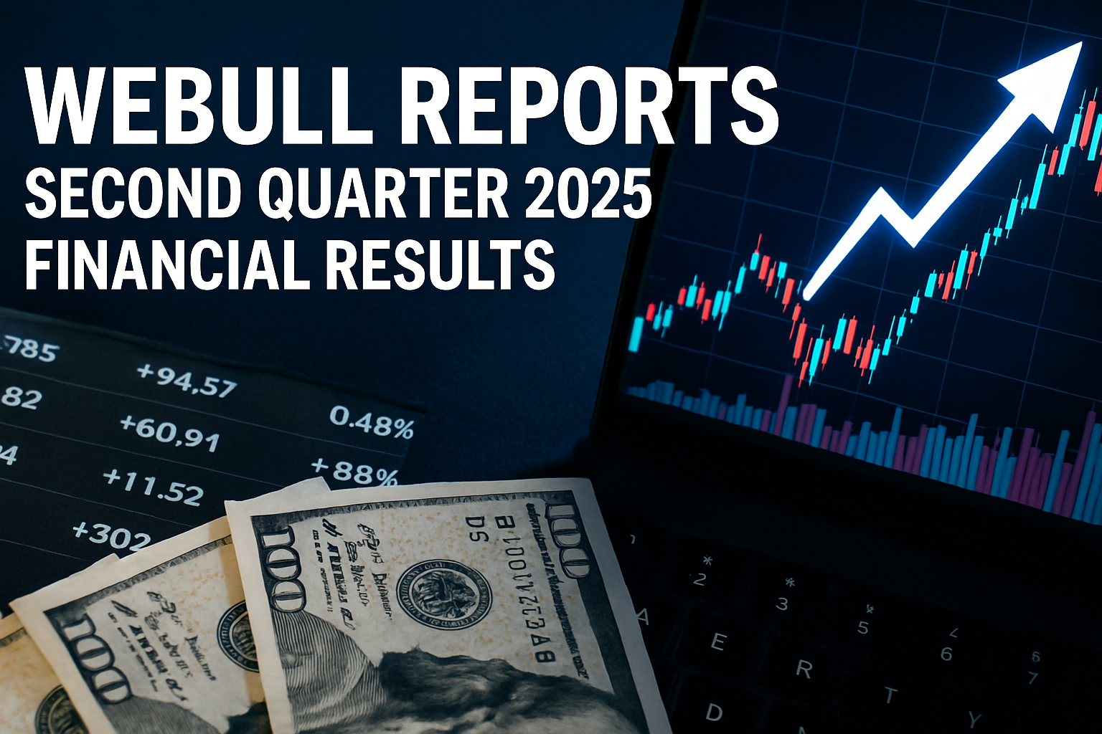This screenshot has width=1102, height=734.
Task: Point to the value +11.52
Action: tap(153, 485)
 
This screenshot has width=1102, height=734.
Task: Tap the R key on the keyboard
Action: tap(804, 669)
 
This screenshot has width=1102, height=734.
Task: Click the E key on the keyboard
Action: tap(717, 642)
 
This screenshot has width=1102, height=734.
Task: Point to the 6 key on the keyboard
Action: tap(946, 654)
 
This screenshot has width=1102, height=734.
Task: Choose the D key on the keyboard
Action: tap(714, 712)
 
